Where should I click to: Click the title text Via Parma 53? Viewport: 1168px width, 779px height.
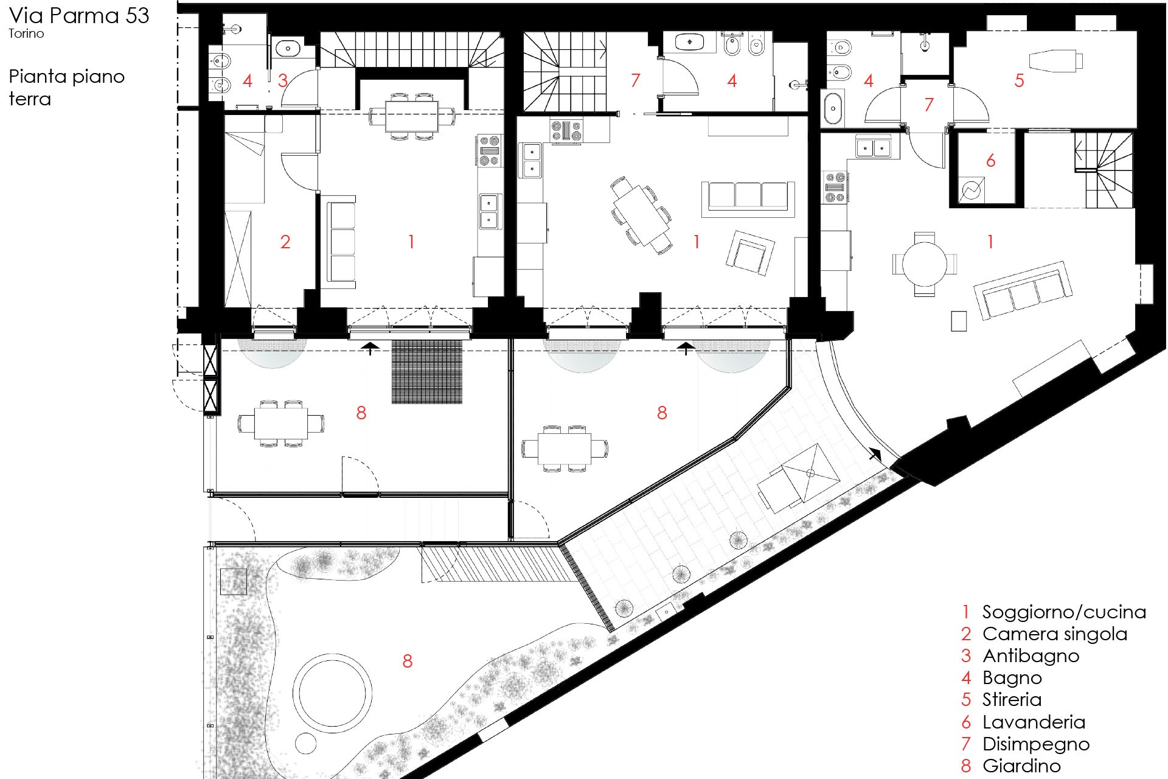pyautogui.click(x=79, y=15)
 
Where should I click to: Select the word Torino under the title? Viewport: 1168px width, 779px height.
pyautogui.click(x=26, y=33)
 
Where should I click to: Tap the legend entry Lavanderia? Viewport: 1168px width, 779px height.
pyautogui.click(x=1034, y=722)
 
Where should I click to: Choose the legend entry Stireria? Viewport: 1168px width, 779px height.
pyautogui.click(x=1012, y=699)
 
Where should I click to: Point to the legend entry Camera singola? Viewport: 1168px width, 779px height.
pyautogui.click(x=1055, y=634)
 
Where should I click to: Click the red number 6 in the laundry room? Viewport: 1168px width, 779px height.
pyautogui.click(x=990, y=161)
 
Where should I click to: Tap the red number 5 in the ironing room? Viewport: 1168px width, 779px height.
pyautogui.click(x=1020, y=80)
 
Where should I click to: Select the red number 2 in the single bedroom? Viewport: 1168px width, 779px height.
pyautogui.click(x=285, y=242)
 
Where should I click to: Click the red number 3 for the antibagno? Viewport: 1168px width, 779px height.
pyautogui.click(x=283, y=80)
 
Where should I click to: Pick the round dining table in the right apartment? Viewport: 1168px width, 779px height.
pyautogui.click(x=925, y=264)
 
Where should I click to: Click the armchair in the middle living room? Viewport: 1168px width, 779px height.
pyautogui.click(x=751, y=252)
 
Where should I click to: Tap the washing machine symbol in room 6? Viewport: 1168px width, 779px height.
pyautogui.click(x=972, y=190)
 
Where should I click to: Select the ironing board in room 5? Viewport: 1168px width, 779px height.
pyautogui.click(x=1056, y=61)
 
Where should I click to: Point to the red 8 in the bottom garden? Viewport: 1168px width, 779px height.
pyautogui.click(x=408, y=661)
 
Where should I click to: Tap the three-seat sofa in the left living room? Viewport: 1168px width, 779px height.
pyautogui.click(x=341, y=242)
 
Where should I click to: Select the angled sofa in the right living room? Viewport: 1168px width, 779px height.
pyautogui.click(x=1021, y=291)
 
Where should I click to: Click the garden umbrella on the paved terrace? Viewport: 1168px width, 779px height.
pyautogui.click(x=810, y=473)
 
